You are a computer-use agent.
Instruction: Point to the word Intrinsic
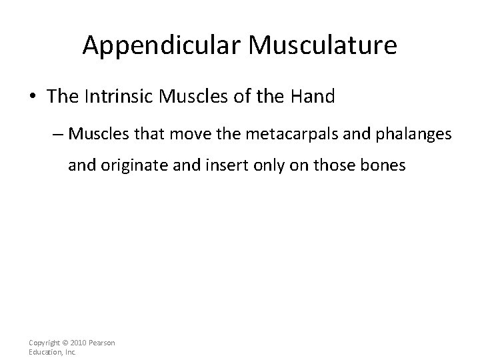119,97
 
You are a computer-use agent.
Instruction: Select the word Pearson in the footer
102,343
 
